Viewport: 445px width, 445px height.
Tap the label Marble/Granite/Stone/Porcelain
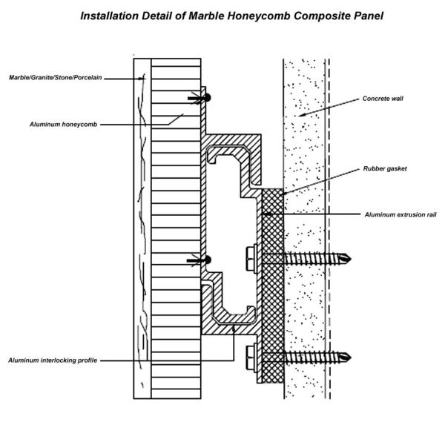(55, 77)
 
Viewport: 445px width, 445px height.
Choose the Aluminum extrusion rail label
(400, 214)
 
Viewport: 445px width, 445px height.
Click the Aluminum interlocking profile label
(53, 360)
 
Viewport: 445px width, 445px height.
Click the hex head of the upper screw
(249, 259)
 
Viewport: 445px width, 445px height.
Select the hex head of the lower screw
(249, 357)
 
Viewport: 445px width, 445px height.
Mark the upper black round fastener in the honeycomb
(208, 98)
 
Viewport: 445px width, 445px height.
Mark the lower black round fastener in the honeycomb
(208, 260)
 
